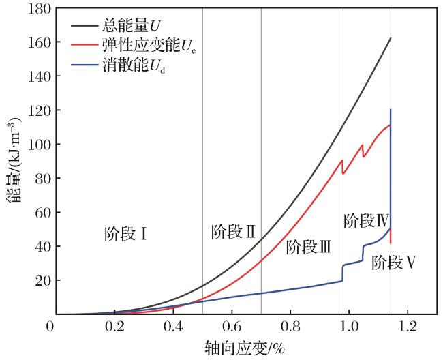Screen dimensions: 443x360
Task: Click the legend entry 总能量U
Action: [116, 26]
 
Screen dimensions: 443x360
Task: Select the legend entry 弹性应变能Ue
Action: [134, 45]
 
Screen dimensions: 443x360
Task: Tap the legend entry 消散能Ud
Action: [118, 65]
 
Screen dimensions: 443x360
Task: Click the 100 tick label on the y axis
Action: [40, 145]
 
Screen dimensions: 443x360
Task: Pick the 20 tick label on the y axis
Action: [43, 281]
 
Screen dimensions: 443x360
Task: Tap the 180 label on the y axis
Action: [40, 9]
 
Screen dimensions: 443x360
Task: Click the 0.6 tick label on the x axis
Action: [232, 327]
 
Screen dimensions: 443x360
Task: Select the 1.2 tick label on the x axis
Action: [408, 327]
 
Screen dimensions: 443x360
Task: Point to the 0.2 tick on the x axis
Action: [114, 327]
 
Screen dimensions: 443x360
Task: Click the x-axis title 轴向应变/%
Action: [245, 348]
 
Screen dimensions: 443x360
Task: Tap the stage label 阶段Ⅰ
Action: [125, 234]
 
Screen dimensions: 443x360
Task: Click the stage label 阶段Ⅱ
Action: [233, 232]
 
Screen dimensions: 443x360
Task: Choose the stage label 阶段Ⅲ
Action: [309, 247]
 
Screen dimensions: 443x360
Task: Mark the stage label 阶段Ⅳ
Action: [367, 221]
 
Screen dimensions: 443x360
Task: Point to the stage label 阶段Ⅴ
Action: [394, 262]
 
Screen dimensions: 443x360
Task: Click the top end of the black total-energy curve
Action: [391, 37]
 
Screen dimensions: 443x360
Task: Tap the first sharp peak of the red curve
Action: [342, 160]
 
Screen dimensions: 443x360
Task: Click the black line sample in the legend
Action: [84, 26]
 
